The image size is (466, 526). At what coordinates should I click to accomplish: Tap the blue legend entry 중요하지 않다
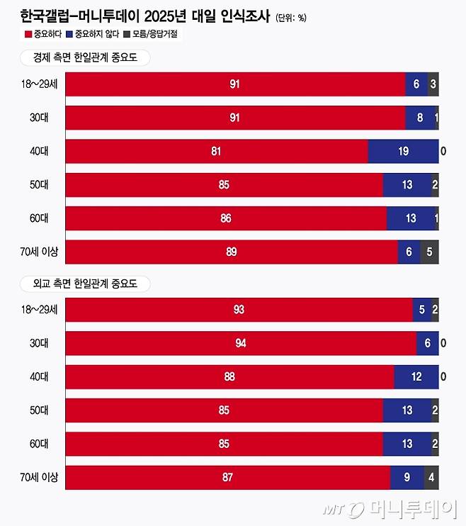pos(91,33)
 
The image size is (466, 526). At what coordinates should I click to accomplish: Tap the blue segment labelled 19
pos(403,152)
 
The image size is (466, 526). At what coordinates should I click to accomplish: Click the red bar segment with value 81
pos(217,152)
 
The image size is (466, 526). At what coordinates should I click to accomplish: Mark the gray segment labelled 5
pos(429,252)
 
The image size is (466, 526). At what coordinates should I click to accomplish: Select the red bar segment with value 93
pos(239,310)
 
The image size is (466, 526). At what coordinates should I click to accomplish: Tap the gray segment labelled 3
pos(433,84)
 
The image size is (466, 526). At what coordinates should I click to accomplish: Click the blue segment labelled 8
pos(419,118)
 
